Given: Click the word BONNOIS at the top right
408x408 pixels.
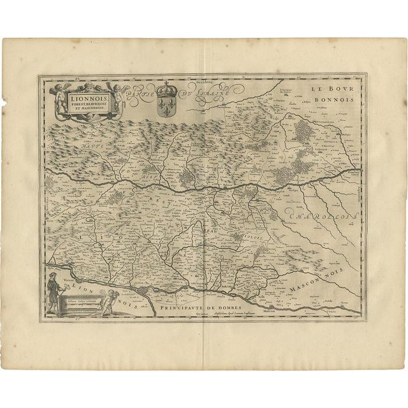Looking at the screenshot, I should coord(326,101).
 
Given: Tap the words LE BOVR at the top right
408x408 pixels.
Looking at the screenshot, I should coord(326,91).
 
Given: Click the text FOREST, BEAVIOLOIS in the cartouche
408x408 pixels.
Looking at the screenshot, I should coord(90,106).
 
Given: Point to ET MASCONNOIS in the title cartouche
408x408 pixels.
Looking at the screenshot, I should coord(90,112).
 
